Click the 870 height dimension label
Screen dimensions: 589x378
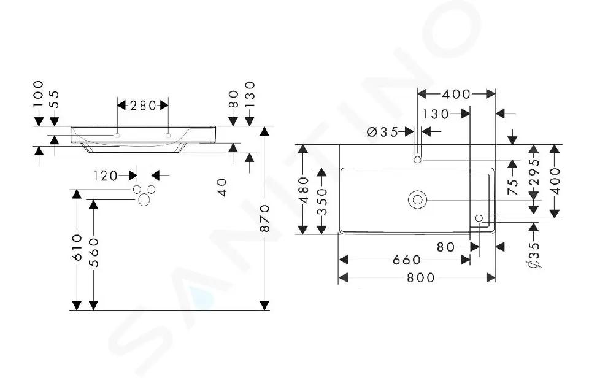[265, 218]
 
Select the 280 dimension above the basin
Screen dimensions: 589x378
[143, 106]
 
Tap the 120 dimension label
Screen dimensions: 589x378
[106, 175]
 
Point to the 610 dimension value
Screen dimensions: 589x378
[77, 247]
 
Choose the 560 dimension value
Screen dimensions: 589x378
[94, 252]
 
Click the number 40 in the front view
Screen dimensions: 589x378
[222, 187]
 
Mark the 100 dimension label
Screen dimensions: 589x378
[38, 93]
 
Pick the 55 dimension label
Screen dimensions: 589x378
[55, 99]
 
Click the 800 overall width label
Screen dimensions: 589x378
[421, 278]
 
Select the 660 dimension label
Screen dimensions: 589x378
[407, 260]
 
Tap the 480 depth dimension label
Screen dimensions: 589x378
[303, 190]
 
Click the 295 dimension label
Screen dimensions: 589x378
[534, 172]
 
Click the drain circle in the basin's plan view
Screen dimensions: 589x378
[417, 200]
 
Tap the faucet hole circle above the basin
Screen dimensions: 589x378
[417, 160]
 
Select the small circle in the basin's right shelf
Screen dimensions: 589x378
[479, 218]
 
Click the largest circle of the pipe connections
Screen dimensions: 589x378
[144, 200]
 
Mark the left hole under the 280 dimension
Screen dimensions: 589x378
[117, 135]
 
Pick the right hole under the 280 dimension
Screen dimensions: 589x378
[168, 135]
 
